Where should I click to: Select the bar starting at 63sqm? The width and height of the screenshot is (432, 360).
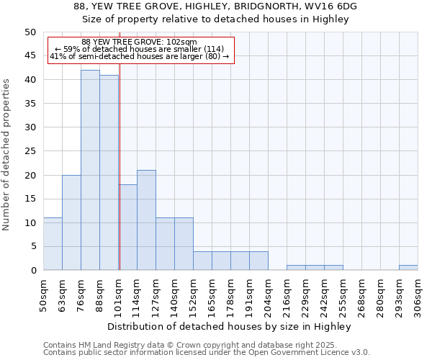coord(71,222)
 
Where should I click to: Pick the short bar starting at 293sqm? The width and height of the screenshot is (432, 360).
coord(408,268)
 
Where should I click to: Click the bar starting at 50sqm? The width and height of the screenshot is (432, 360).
coord(53,244)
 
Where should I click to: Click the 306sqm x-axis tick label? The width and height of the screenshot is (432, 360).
coord(418,295)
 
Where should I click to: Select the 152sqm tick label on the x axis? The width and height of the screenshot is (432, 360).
coord(193,295)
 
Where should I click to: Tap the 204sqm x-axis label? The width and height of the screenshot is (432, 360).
coord(268,295)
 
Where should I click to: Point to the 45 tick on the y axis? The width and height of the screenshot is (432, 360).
coord(30,55)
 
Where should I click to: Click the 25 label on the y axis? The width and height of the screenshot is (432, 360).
coord(30,151)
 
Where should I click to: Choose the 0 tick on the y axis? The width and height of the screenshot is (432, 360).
coord(32,271)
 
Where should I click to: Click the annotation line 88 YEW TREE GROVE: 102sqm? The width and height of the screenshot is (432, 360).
coord(139,42)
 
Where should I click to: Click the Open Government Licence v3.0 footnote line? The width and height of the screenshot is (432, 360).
coord(207,352)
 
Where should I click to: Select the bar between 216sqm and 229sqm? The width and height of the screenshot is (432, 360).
coord(296,268)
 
